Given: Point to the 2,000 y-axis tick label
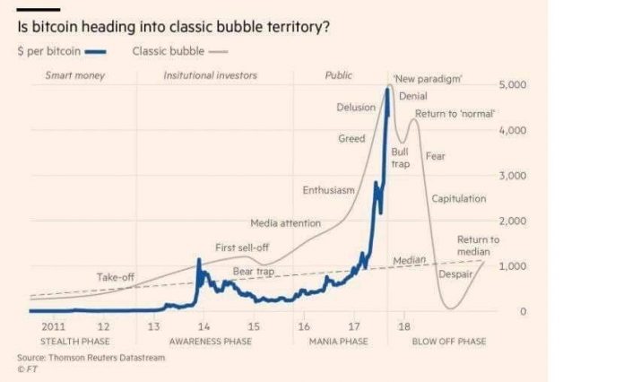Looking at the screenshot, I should tap(511, 221).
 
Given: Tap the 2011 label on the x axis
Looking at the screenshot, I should tap(53, 327).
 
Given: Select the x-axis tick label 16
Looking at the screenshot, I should tap(304, 327).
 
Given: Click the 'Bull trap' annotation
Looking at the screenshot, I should tap(400, 158).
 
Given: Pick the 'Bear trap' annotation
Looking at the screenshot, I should tap(254, 271).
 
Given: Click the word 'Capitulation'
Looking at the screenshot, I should tap(459, 198).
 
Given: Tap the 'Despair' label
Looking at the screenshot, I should tap(455, 273).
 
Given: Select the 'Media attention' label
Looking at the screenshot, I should tap(284, 222).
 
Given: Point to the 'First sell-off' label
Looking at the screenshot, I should tap(242, 247).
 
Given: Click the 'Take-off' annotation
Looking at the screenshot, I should tap(116, 277).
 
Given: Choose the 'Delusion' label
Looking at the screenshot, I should tap(356, 108).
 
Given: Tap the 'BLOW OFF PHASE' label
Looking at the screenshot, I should tap(448, 342).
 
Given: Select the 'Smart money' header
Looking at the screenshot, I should tap(74, 75).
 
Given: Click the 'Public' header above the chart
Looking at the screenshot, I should tap(338, 75).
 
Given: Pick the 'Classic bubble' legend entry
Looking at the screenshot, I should tap(168, 50).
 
